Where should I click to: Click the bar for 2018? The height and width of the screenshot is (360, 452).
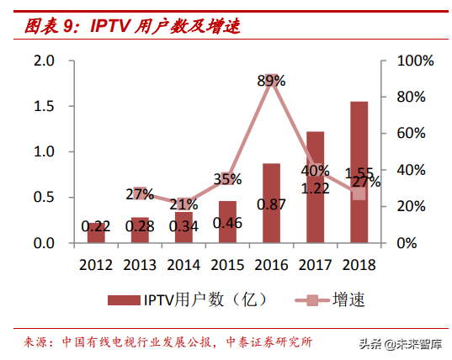(x=359, y=172)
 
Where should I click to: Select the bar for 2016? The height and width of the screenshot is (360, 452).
(x=271, y=203)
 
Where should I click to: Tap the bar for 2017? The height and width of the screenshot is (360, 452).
(x=315, y=187)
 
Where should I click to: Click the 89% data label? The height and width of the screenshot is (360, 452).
(x=271, y=82)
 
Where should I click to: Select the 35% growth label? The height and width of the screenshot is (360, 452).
(x=227, y=178)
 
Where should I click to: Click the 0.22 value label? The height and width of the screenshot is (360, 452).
(x=96, y=226)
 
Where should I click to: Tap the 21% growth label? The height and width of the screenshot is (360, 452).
(x=183, y=204)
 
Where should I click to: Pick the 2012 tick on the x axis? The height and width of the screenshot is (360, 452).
(x=96, y=264)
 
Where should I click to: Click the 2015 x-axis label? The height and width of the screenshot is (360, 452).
(x=227, y=264)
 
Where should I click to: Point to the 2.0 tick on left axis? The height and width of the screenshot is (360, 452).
(x=44, y=61)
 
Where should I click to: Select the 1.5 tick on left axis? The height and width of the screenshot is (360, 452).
(x=44, y=107)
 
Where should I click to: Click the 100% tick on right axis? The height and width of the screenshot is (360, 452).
(x=415, y=61)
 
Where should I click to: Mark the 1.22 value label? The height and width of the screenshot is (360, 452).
(x=315, y=189)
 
